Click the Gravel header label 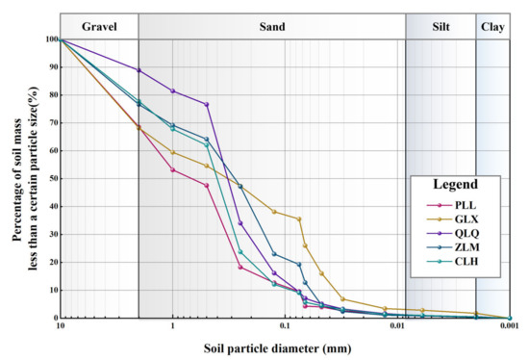pos(99,25)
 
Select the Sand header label pos(271,25)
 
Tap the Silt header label pos(441,25)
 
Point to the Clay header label pos(492,25)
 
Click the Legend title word pos(454,184)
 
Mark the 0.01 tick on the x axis pos(398,327)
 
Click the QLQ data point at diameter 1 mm pos(173,91)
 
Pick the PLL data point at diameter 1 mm pos(173,170)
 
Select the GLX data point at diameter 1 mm pos(173,153)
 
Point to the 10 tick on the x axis pos(61,327)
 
